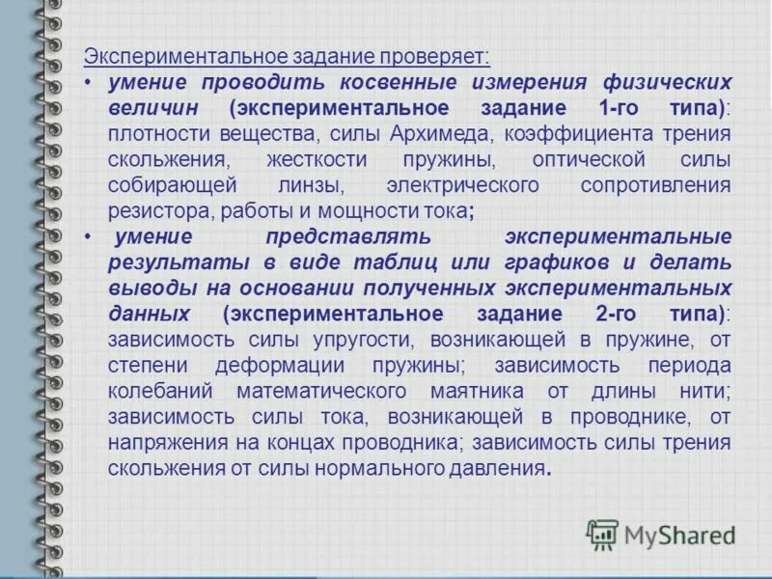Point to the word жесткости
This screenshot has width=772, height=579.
coord(345,158)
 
